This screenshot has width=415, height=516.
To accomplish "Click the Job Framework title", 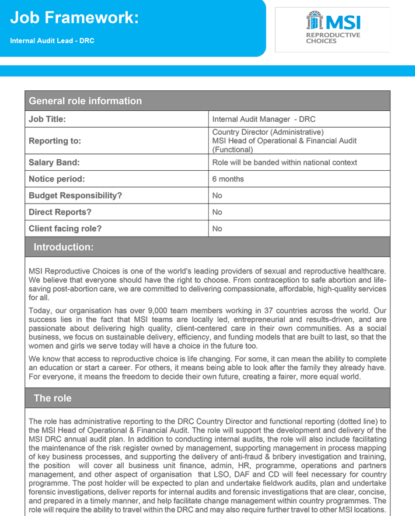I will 74,18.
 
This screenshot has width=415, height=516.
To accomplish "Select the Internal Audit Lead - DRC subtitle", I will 52,41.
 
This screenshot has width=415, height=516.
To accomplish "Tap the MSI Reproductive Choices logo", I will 333,28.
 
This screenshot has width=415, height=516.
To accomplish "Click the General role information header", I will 85,101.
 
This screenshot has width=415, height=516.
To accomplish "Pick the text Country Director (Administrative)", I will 267,132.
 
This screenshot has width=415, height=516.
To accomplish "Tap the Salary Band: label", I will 54,162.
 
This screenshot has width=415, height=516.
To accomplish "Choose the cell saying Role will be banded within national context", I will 284,162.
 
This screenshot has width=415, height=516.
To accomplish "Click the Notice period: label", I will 57,179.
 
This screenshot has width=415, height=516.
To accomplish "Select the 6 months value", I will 228,179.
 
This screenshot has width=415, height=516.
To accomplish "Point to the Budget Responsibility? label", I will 75,195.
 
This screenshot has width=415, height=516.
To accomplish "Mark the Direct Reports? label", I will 60,212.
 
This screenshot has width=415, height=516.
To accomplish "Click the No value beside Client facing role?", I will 217,229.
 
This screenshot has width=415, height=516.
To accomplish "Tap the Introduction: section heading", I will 63,247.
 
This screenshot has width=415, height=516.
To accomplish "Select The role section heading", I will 53,398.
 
